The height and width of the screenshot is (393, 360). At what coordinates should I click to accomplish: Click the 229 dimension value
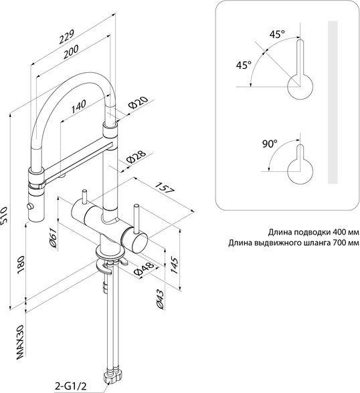[x=66, y=37]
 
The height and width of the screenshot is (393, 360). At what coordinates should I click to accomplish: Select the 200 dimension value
[x=70, y=52]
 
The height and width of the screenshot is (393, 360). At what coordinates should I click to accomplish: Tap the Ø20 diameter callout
[x=138, y=102]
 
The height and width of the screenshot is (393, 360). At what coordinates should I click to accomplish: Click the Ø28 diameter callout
[x=136, y=157]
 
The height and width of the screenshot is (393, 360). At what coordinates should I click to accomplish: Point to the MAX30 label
[x=21, y=342]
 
